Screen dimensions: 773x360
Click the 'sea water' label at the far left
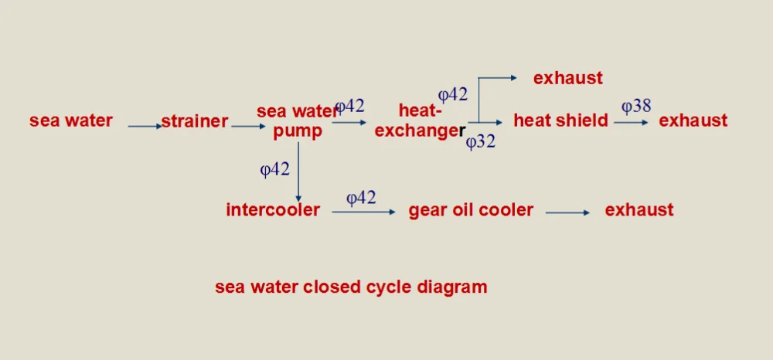[71, 121]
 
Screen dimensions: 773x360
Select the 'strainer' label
[195, 121]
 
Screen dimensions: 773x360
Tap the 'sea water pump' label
[298, 121]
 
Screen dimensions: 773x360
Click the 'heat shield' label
[560, 121]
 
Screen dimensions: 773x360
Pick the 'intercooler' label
[273, 210]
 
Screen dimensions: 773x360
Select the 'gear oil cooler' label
[471, 210]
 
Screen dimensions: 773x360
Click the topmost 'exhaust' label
[568, 78]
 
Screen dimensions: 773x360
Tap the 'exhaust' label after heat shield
[693, 121]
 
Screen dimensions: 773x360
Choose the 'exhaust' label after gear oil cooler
[639, 210]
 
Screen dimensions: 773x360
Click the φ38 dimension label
[636, 107]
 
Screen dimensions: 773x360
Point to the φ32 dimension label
[480, 142]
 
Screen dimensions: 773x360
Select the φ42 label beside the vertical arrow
[274, 170]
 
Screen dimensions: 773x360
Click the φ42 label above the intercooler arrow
[361, 198]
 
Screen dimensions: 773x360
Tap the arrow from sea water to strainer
[145, 126]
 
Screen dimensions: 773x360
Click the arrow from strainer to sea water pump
[248, 126]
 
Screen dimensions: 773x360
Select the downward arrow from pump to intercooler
[298, 173]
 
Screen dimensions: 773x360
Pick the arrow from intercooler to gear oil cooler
[363, 212]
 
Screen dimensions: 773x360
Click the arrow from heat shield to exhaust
[632, 122]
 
